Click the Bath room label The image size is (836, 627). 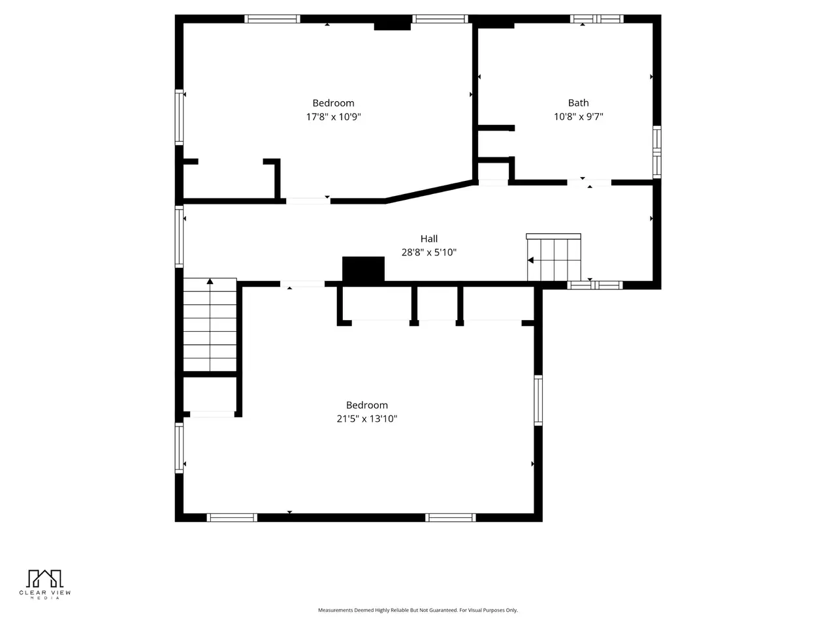[x=578, y=103]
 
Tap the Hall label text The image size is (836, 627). [x=428, y=238]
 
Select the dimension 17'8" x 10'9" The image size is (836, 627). [x=333, y=117]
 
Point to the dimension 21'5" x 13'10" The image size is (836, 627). [x=367, y=419]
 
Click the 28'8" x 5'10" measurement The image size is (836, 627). [x=429, y=252]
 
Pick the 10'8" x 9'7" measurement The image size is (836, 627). [x=578, y=116]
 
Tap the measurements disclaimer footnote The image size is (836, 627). [x=418, y=610]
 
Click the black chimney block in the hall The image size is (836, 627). [x=363, y=269]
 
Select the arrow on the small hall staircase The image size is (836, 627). [x=530, y=261]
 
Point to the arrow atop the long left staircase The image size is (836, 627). [x=210, y=281]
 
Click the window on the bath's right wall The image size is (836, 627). [x=656, y=152]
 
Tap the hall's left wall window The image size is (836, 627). [x=179, y=236]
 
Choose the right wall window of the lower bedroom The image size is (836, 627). [x=538, y=400]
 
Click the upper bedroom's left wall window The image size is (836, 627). [x=179, y=118]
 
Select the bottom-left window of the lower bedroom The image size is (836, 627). [x=232, y=517]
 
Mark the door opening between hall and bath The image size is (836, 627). [x=589, y=183]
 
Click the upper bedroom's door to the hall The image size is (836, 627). [x=308, y=201]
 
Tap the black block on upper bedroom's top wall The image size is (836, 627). [x=393, y=23]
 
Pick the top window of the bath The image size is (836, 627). [x=596, y=19]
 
